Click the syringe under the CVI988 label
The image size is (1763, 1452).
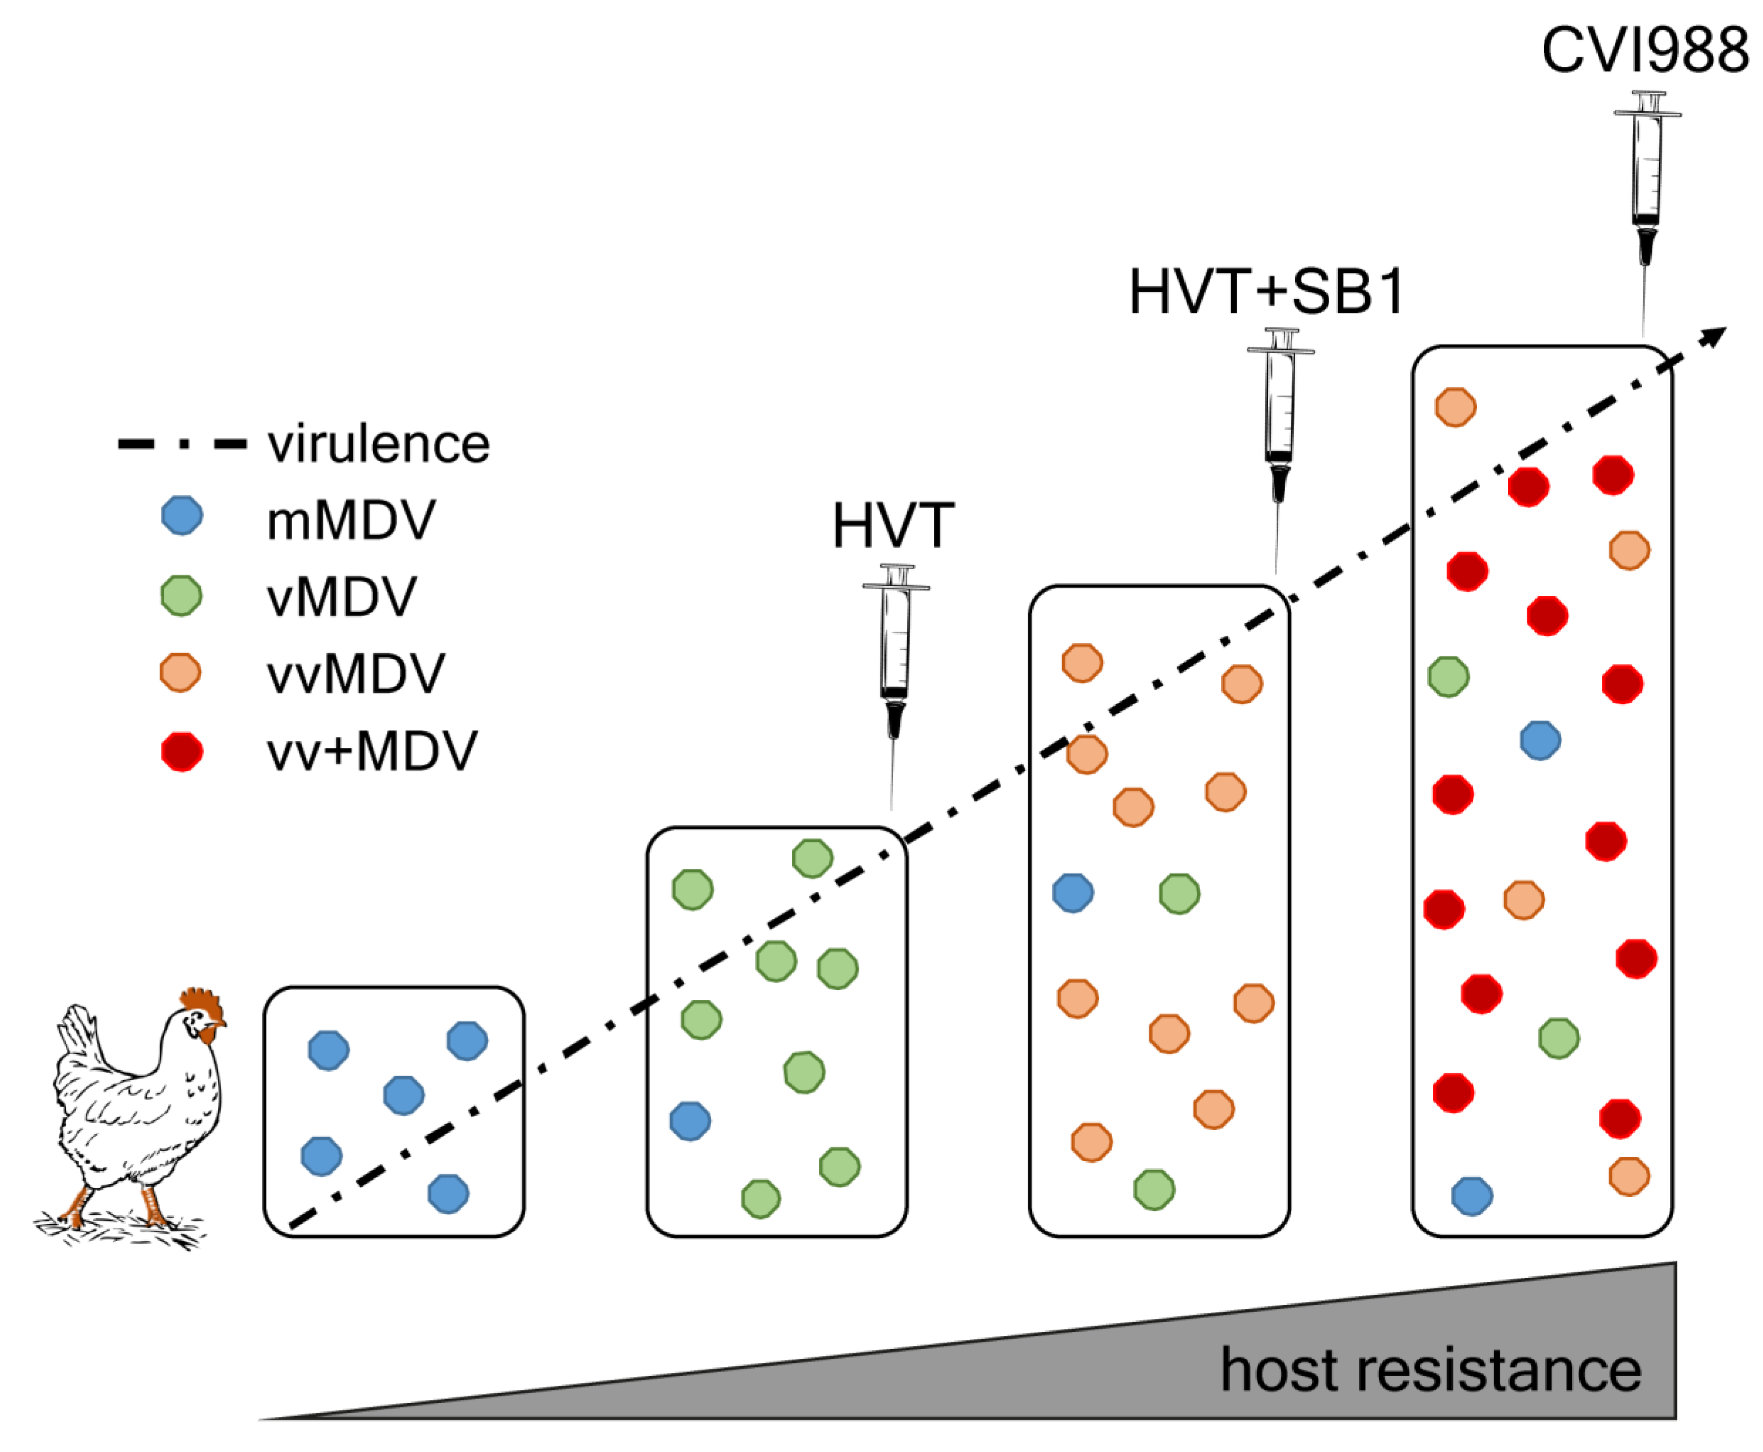[x=1646, y=184]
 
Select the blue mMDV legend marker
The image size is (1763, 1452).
[x=181, y=515]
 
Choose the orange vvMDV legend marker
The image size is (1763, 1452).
[x=180, y=672]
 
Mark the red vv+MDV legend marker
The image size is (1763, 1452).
[x=181, y=751]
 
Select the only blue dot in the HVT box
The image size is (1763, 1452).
[x=690, y=1121]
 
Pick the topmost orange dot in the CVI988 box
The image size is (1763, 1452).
[x=1455, y=407]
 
